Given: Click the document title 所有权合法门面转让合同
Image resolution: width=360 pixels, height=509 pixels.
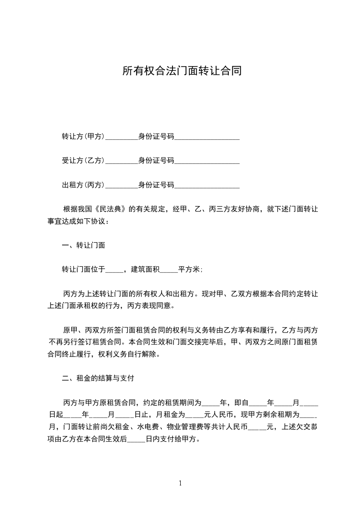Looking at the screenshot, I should pyautogui.click(x=182, y=71).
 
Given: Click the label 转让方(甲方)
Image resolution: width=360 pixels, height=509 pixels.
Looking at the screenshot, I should pyautogui.click(x=83, y=136).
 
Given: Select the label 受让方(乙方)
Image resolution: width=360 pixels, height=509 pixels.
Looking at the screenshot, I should pyautogui.click(x=83, y=161).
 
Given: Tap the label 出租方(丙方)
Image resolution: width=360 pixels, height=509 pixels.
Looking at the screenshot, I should pyautogui.click(x=83, y=185).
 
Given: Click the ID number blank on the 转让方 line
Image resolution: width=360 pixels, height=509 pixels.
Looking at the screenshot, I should pyautogui.click(x=207, y=137).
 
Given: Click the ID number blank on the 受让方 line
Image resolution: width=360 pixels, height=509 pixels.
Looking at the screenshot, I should pyautogui.click(x=207, y=162).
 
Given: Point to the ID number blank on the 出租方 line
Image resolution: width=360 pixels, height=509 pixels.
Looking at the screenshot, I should pyautogui.click(x=207, y=186).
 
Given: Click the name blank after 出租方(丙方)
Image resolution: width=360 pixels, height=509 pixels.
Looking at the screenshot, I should pyautogui.click(x=121, y=186).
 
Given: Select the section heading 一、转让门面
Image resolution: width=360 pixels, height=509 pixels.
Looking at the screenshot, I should pyautogui.click(x=84, y=245).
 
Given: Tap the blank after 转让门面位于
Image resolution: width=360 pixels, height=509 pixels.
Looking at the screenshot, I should pyautogui.click(x=114, y=271).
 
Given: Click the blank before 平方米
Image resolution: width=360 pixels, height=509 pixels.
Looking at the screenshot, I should pyautogui.click(x=169, y=271).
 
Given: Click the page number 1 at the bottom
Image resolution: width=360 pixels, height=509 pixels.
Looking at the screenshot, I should pyautogui.click(x=180, y=484).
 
